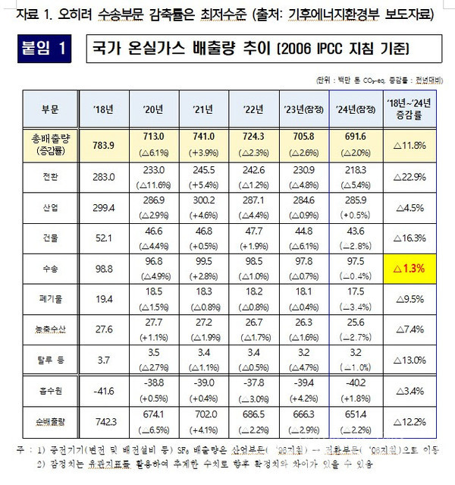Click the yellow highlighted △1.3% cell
[410, 269]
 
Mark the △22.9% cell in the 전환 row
[410, 176]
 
